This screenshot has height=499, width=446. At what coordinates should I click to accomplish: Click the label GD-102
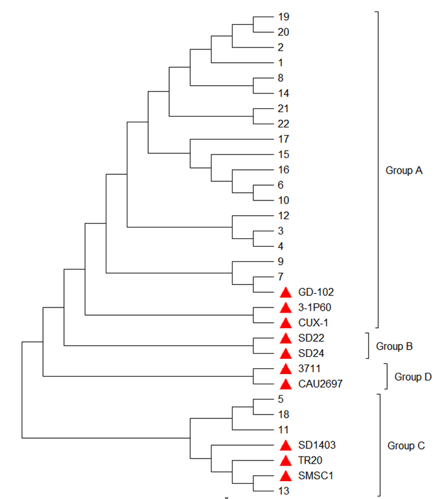click(x=316, y=292)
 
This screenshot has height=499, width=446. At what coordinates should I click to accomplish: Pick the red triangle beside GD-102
click(x=286, y=292)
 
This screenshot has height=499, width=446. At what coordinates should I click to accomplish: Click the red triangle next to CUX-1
click(x=286, y=323)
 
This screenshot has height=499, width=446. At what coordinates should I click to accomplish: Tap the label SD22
click(x=311, y=338)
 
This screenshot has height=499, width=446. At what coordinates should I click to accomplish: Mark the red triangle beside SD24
click(x=286, y=354)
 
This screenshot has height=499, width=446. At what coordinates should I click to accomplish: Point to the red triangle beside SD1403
click(x=286, y=445)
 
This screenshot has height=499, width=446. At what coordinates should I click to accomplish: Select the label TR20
click(x=310, y=461)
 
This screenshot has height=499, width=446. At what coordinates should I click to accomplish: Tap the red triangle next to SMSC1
click(x=286, y=476)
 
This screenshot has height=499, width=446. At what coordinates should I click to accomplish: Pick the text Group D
click(x=413, y=377)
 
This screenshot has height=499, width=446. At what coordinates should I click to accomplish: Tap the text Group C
click(x=404, y=445)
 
